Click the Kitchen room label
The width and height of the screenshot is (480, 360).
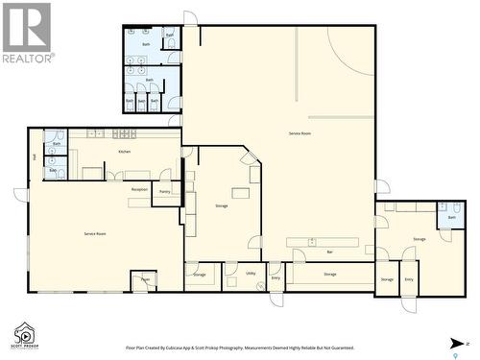click(124, 152)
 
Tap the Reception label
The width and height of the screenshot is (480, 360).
click(139, 189)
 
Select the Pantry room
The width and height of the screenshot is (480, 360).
click(165, 192)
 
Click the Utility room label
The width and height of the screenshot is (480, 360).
click(251, 274)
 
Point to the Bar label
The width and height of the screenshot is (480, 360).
click(329, 252)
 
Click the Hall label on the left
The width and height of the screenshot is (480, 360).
click(35, 156)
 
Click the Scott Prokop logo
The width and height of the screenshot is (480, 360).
click(24, 334)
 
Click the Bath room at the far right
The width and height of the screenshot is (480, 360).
click(451, 218)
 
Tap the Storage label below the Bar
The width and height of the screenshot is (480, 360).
click(330, 275)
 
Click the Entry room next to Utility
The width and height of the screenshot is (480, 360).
click(276, 277)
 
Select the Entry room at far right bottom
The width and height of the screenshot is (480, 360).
click(409, 279)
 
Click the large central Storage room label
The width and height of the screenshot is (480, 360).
click(222, 205)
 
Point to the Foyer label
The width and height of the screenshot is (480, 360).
click(145, 279)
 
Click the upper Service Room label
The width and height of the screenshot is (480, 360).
click(299, 132)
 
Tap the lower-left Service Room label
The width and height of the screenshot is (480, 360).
click(94, 233)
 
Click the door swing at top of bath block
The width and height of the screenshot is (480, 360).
click(189, 18)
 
